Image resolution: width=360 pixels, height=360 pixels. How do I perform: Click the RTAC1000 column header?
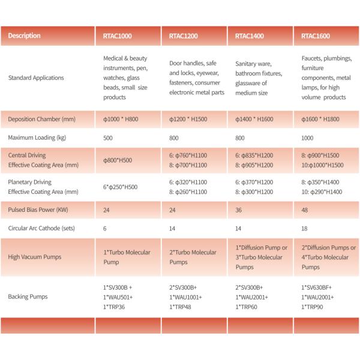tap(114, 36)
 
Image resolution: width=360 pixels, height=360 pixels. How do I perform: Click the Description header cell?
tap(25, 36)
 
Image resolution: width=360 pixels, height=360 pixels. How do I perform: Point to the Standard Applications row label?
tap(35, 78)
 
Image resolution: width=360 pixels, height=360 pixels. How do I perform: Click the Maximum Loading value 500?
tap(109, 137)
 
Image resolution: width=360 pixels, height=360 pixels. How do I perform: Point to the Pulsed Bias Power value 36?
tap(239, 211)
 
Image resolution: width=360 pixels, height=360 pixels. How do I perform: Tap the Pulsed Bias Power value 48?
tap(305, 211)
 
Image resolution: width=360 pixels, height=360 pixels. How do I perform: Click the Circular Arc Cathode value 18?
tap(305, 229)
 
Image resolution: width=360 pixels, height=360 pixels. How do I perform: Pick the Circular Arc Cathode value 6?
tap(106, 229)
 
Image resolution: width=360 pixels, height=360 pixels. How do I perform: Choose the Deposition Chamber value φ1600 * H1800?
tap(323, 119)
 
